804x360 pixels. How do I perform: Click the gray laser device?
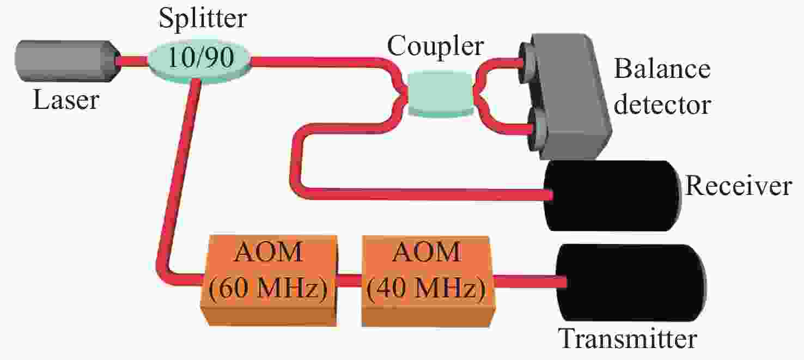tap(68, 61)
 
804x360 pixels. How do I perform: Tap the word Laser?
tap(66, 100)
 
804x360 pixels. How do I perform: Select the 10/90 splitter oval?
tap(199, 59)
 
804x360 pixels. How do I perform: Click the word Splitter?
tap(203, 18)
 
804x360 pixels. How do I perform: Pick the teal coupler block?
tap(441, 94)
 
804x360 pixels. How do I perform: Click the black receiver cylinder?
tap(612, 196)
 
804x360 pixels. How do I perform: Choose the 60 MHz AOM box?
tap(269, 280)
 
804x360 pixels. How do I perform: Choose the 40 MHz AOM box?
tap(427, 280)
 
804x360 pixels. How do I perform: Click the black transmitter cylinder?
tap(630, 283)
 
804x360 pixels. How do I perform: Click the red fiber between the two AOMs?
tap(350, 280)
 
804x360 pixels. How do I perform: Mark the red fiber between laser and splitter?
tap(133, 61)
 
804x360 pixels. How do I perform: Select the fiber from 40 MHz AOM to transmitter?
tap(530, 282)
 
